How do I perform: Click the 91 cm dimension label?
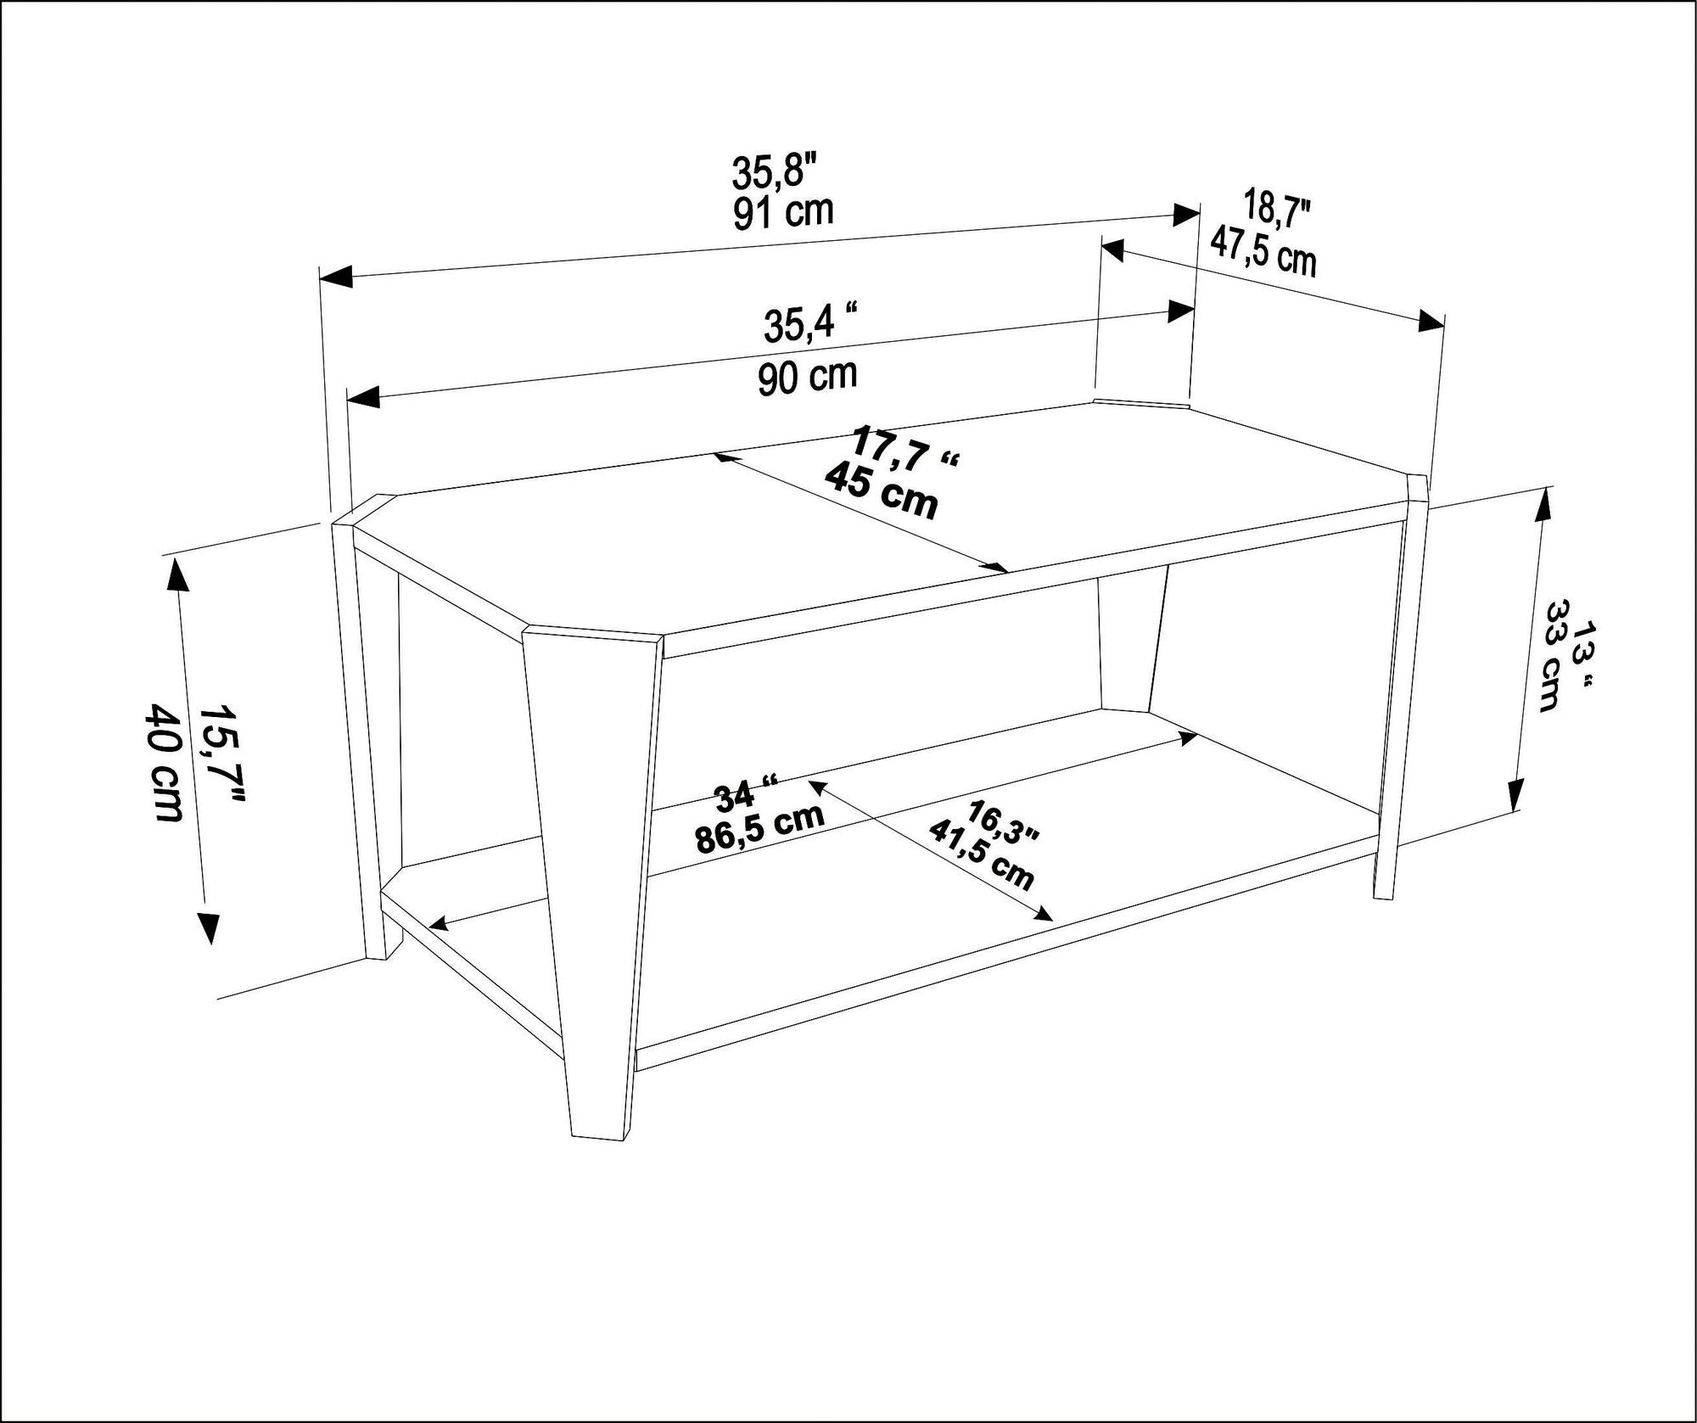[x=783, y=212]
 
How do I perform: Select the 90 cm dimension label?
[x=808, y=376]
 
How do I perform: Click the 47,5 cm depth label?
[x=1263, y=252]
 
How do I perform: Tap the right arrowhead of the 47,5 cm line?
[x=1431, y=322]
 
